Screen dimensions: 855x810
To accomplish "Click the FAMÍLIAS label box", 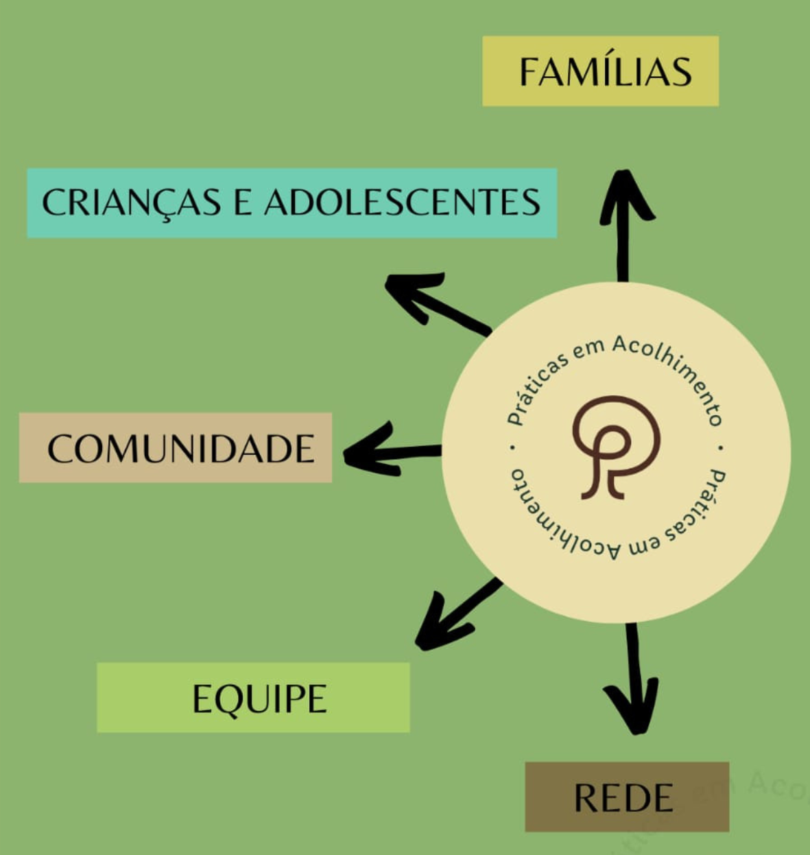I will pyautogui.click(x=600, y=71).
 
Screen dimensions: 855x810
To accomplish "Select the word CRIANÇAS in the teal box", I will pyautogui.click(x=131, y=202).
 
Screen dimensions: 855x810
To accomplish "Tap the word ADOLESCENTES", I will pyautogui.click(x=403, y=202).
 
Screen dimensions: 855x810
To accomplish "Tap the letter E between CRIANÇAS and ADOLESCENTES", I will pyautogui.click(x=242, y=202).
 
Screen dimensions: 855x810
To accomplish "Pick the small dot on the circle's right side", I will pyautogui.click(x=721, y=447).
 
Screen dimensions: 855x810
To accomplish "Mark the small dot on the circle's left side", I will pyautogui.click(x=512, y=448).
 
